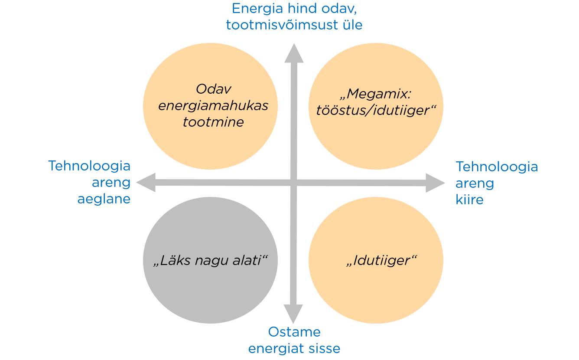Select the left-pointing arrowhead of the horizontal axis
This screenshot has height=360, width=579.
coord(146,182)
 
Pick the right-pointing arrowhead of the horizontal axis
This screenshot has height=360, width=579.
coord(435,183)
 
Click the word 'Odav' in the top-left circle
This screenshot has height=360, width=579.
coord(214,89)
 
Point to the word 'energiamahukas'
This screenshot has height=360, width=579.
coord(213,106)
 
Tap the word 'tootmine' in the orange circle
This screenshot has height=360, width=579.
coord(213,122)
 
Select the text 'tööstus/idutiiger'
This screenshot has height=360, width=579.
coord(373,111)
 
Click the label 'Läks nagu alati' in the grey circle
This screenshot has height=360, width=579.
coord(210,260)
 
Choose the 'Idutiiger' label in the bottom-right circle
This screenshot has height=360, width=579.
coord(381,260)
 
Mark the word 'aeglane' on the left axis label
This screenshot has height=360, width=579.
coord(104,200)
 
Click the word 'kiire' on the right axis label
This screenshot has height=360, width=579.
coord(469,200)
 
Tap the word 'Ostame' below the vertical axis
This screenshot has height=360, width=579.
coord(294,332)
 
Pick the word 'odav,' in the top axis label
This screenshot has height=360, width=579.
coord(339,9)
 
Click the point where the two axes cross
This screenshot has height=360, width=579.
coord(293,183)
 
